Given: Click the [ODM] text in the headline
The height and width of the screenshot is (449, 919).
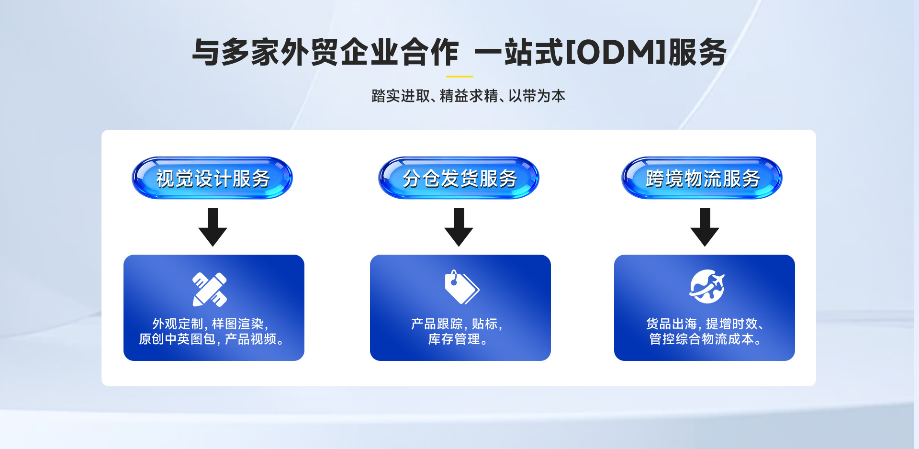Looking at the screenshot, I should (x=616, y=52).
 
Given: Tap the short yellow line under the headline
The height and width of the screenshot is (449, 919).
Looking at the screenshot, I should (x=459, y=76).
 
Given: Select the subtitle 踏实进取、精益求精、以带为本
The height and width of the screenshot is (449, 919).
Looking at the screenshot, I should (x=468, y=96).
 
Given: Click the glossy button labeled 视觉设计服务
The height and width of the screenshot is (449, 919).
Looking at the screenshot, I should (x=213, y=178).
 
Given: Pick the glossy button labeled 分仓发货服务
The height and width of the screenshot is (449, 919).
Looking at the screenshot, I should (x=459, y=178).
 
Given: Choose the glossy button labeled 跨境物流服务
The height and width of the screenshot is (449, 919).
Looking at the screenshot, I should (x=702, y=178).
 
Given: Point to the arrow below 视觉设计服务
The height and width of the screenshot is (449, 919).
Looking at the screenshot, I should (x=213, y=227).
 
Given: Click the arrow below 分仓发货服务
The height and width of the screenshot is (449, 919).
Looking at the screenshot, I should (x=459, y=227).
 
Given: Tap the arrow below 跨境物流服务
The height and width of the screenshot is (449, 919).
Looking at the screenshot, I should (x=705, y=227).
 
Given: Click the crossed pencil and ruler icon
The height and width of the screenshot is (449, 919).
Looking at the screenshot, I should (x=210, y=289).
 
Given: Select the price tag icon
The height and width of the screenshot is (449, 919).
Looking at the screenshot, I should (x=461, y=287).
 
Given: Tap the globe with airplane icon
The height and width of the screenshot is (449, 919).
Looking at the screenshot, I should (x=707, y=286).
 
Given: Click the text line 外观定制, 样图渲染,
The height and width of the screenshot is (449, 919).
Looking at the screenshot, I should (x=210, y=324).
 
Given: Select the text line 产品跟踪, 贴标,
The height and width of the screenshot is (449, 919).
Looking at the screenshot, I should (x=457, y=324).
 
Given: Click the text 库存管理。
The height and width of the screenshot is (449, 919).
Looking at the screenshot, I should (x=458, y=339).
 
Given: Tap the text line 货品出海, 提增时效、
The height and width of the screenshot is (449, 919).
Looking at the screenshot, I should (x=704, y=324).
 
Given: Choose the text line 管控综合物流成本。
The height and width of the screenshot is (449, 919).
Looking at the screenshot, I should (x=705, y=339).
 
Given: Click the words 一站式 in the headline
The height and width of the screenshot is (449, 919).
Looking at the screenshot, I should (x=519, y=52).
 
